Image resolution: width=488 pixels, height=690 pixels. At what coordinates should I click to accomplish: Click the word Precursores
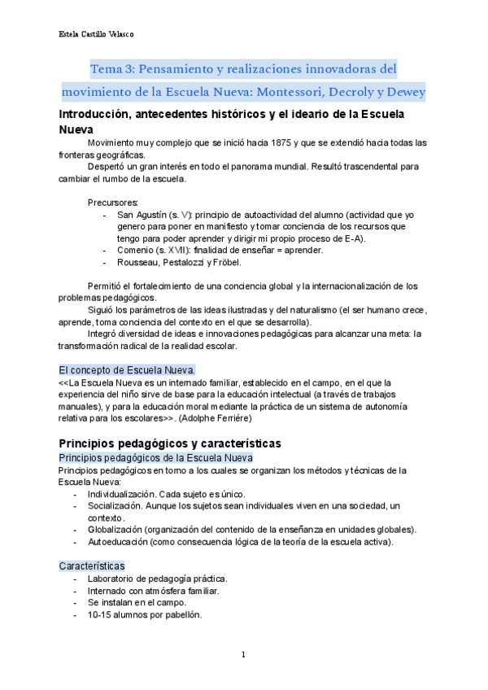tap(112, 202)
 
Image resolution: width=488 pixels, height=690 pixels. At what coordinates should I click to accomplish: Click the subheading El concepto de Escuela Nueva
tap(127, 369)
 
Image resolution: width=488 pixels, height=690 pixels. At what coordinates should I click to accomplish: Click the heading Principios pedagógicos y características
tap(170, 443)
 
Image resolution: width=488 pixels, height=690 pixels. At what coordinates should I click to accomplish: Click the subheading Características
tap(92, 565)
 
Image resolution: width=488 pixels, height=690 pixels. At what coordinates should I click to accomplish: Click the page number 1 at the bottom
tap(243, 654)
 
